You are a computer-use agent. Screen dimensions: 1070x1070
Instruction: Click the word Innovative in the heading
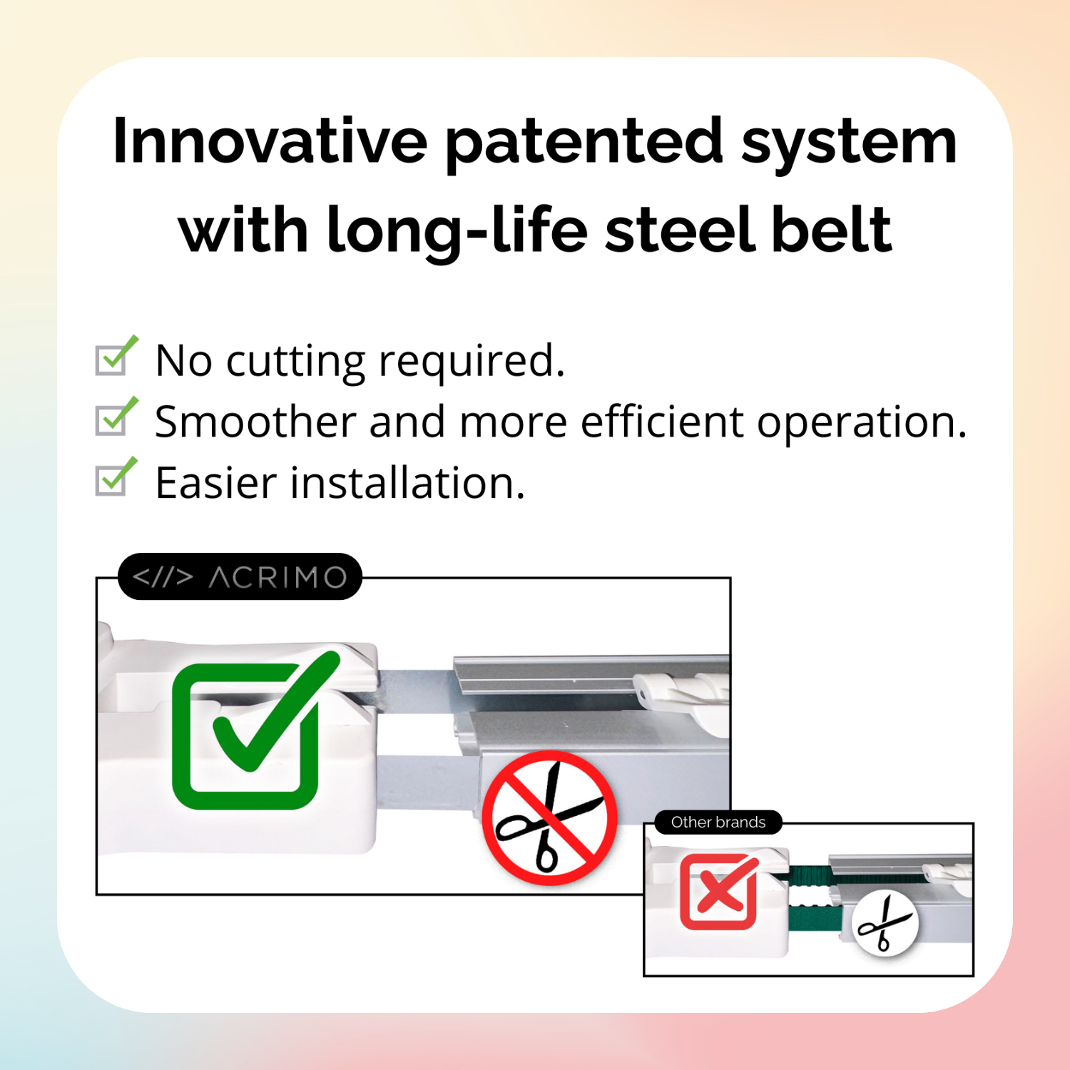[270, 141]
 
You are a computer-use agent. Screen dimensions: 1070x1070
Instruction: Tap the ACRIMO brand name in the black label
[277, 577]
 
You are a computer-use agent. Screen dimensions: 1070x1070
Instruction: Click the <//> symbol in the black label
[163, 577]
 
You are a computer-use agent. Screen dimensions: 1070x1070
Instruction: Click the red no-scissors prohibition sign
[549, 817]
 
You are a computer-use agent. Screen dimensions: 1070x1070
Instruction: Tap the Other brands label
[718, 822]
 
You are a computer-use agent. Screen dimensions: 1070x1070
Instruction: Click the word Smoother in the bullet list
[255, 422]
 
